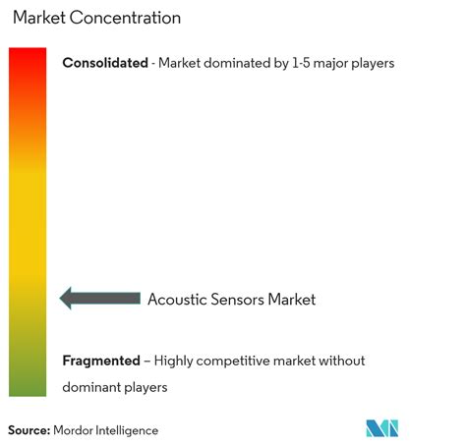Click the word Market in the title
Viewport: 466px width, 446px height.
tap(39, 18)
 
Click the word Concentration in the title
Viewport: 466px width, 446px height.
tap(125, 18)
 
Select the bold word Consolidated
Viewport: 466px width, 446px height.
tap(105, 63)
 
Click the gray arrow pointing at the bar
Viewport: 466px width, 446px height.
tap(100, 298)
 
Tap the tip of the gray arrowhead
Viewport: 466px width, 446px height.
tap(60, 298)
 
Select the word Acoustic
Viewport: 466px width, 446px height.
tap(177, 300)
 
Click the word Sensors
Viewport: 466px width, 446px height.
tap(237, 300)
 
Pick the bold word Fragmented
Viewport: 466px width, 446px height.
tap(101, 361)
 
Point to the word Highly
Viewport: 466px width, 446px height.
tap(173, 362)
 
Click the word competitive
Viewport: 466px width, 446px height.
tap(233, 362)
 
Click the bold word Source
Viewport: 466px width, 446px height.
tap(29, 430)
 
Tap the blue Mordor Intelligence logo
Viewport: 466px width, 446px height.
tap(382, 428)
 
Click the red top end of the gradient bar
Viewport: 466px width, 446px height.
tap(28, 50)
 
